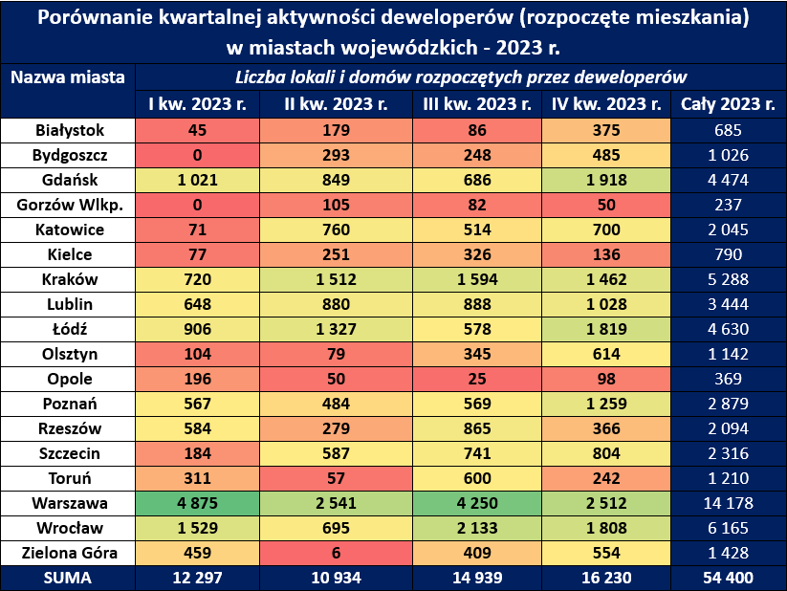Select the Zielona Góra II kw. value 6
click(x=336, y=553)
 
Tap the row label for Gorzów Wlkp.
click(x=69, y=205)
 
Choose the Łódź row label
click(x=69, y=329)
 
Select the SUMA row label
click(x=69, y=578)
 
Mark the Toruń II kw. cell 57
click(x=336, y=478)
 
